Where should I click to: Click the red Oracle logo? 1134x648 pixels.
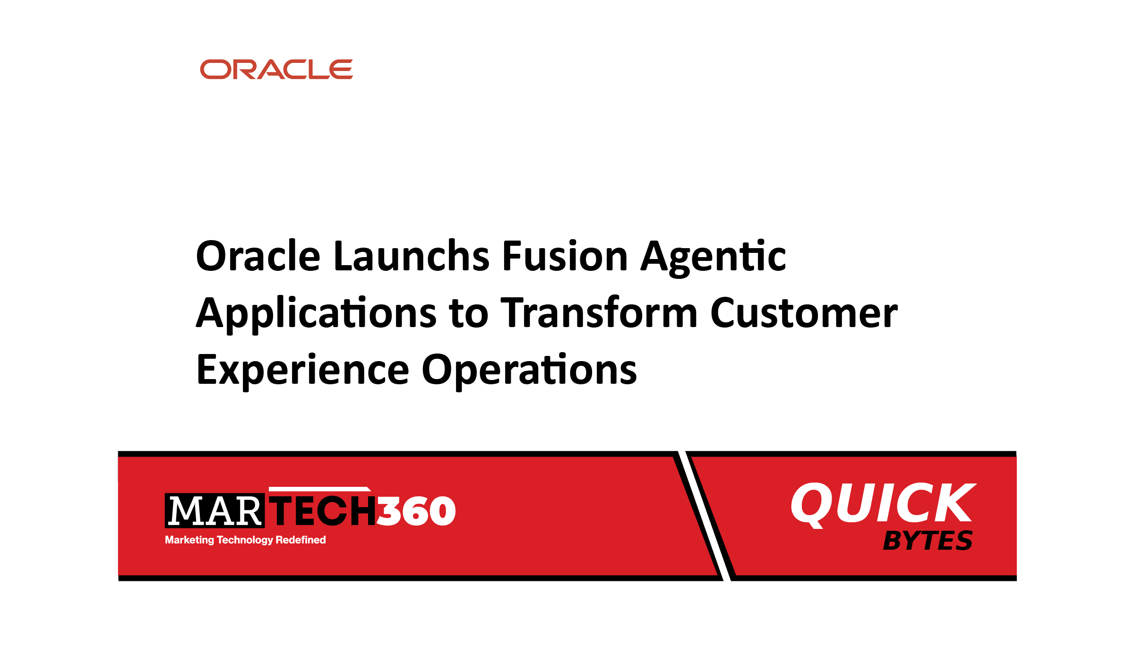276,69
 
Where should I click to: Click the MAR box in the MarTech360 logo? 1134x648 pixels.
215,510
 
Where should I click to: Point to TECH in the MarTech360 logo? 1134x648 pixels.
324,510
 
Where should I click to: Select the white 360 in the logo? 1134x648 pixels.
416,511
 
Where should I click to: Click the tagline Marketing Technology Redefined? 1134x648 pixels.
245,540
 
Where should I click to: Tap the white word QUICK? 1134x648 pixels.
883,504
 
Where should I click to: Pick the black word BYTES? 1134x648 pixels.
928,541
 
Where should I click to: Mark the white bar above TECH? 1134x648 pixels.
320,489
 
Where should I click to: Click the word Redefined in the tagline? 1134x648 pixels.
301,540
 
